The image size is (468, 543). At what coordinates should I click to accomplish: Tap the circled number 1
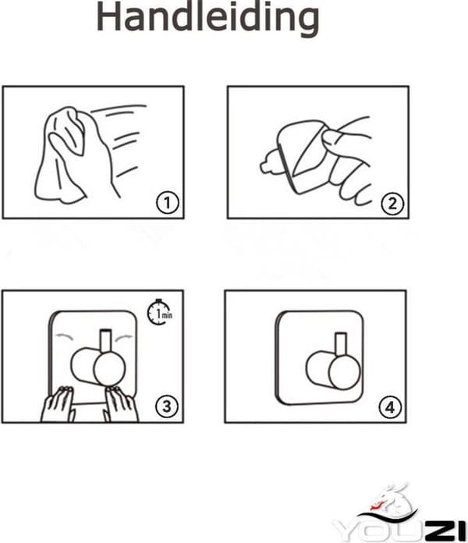pos(168,203)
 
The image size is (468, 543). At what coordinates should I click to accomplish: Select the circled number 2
pos(392,204)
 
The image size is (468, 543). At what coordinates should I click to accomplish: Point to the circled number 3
pos(167,406)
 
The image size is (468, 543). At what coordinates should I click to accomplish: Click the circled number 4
pos(390,407)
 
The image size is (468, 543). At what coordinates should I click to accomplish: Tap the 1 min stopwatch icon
pos(160,312)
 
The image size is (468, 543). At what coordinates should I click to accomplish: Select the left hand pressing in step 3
pos(58,404)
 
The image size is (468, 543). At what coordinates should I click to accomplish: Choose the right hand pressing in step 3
pos(121,404)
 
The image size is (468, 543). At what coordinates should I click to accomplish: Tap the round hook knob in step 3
pos(109,369)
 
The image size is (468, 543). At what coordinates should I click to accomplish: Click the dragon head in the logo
pos(389,500)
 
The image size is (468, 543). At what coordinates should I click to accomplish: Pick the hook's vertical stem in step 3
pos(105,341)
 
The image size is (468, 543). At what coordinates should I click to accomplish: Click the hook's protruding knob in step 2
pos(268,163)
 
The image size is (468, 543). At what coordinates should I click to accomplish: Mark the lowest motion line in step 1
pos(127,172)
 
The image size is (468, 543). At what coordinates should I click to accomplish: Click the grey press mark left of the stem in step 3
pos(63,336)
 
